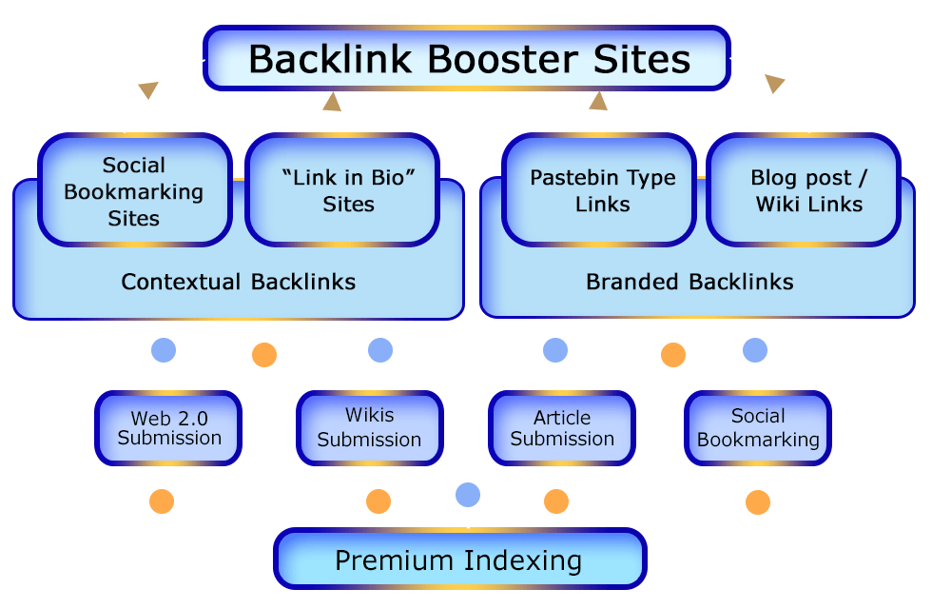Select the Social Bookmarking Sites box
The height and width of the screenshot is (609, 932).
(x=134, y=191)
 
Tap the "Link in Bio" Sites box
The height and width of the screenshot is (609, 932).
(x=342, y=191)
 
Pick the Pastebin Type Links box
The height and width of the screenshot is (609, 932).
(x=602, y=190)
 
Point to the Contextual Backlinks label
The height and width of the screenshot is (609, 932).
(x=238, y=282)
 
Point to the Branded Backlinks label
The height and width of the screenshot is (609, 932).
(x=689, y=282)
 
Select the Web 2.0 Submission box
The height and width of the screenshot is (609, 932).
(x=168, y=428)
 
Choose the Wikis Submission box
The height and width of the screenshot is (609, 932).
(x=369, y=427)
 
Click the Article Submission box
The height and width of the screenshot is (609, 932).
(x=561, y=428)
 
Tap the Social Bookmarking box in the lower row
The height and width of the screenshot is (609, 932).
(x=757, y=428)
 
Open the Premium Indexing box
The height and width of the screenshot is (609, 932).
(x=459, y=560)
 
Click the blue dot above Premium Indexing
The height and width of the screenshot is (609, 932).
(x=467, y=494)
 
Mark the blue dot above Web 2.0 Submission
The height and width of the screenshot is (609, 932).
(x=164, y=350)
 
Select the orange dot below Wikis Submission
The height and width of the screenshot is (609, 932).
(x=379, y=501)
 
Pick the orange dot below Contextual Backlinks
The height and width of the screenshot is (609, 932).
(x=264, y=356)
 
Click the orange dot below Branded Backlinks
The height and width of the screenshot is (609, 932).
(x=673, y=356)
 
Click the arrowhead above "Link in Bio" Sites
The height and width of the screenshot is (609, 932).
(x=332, y=100)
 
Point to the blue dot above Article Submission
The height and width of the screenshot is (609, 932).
(x=555, y=350)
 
